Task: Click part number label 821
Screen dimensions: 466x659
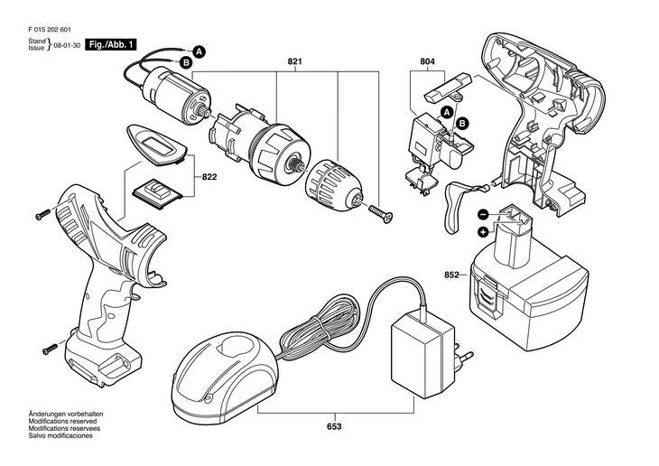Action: (x=293, y=61)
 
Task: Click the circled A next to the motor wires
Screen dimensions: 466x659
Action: (x=200, y=51)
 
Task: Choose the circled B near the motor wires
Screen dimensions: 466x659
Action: (x=185, y=62)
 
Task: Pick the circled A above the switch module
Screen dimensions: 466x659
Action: (x=445, y=112)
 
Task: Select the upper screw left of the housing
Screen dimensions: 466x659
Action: (x=44, y=214)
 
